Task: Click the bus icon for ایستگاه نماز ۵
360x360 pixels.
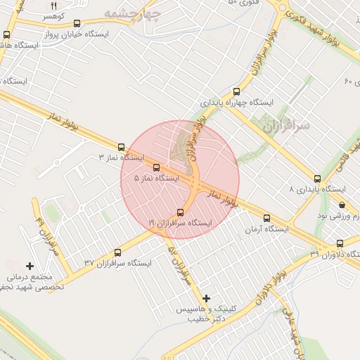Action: [156, 168]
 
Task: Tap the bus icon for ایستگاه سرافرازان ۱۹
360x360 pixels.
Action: [180, 212]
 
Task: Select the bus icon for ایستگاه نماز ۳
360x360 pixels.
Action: [122, 148]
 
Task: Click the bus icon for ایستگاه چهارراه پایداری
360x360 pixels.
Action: [236, 91]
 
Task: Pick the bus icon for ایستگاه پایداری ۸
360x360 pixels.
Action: [318, 179]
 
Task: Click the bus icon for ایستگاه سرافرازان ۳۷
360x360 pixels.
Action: [117, 252]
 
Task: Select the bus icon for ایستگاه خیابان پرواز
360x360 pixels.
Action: [76, 23]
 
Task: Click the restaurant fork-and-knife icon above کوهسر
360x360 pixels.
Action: [53, 5]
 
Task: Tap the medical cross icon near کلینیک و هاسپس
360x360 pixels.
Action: [206, 299]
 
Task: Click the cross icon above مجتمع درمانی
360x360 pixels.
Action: [30, 266]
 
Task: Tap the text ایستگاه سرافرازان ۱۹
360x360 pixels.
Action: [180, 222]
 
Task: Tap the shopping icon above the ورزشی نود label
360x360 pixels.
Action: [342, 205]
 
